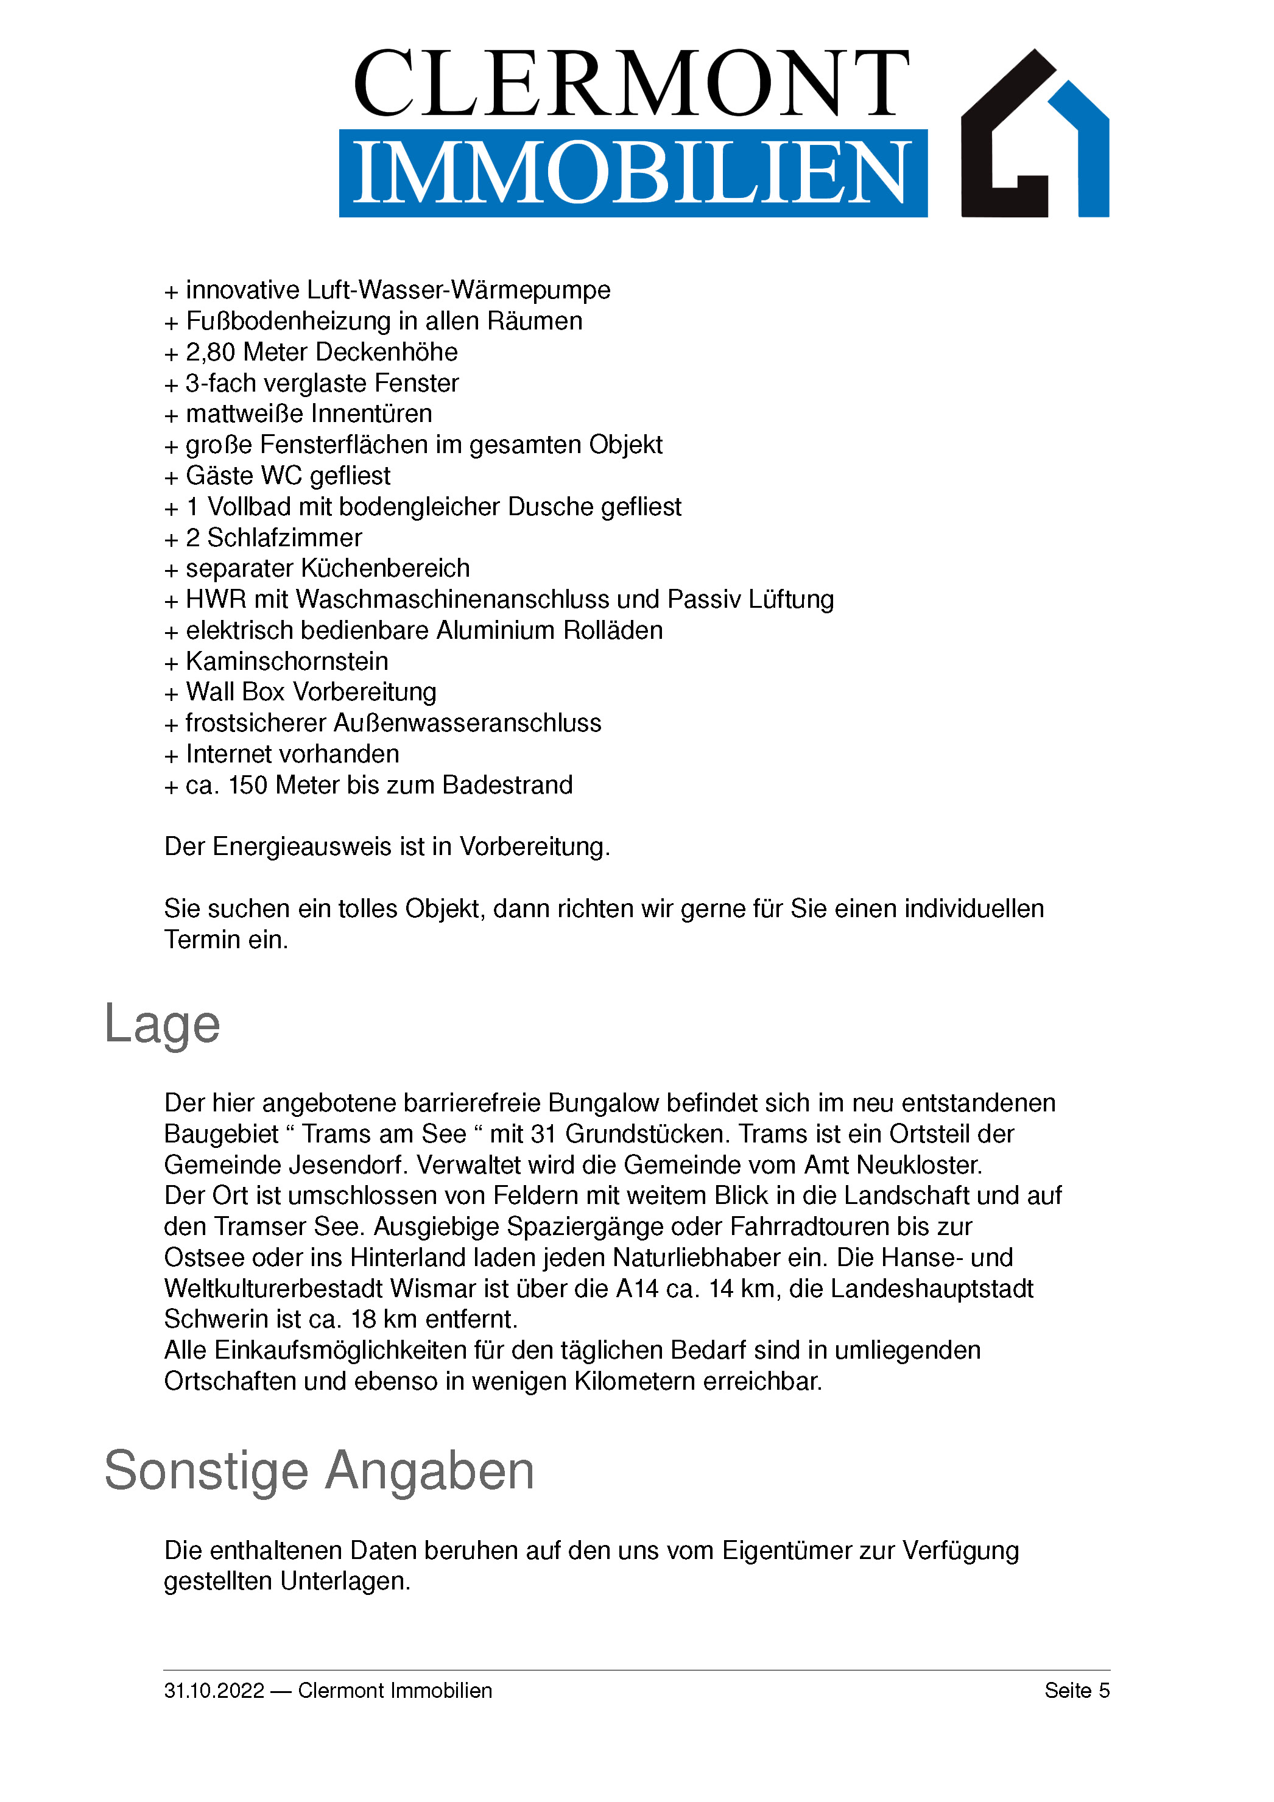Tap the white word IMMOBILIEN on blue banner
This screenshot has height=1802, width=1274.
click(632, 173)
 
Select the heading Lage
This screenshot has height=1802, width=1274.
click(162, 1024)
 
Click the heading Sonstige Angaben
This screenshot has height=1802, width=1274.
click(318, 1471)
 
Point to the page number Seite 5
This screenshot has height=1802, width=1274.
click(1076, 1690)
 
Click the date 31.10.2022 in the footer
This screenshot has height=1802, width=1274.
click(214, 1691)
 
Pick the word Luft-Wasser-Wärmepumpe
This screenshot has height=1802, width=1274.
click(459, 290)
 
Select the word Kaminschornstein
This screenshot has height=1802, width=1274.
click(286, 661)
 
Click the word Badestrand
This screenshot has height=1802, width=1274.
click(507, 785)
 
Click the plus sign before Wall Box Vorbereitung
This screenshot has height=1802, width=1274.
click(171, 694)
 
